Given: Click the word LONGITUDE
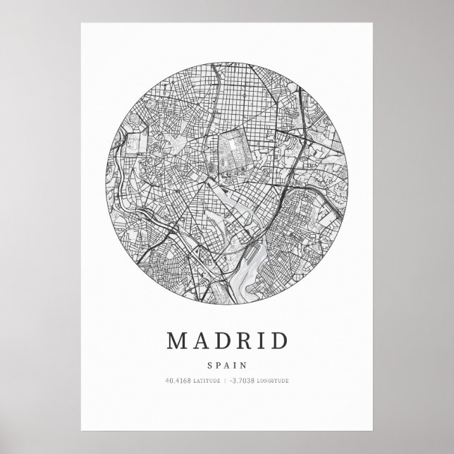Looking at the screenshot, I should (273, 381).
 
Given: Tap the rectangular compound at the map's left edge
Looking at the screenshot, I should (133, 145).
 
